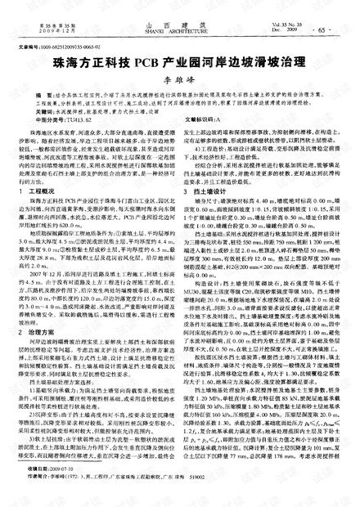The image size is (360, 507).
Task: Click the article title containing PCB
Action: coord(180,61)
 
